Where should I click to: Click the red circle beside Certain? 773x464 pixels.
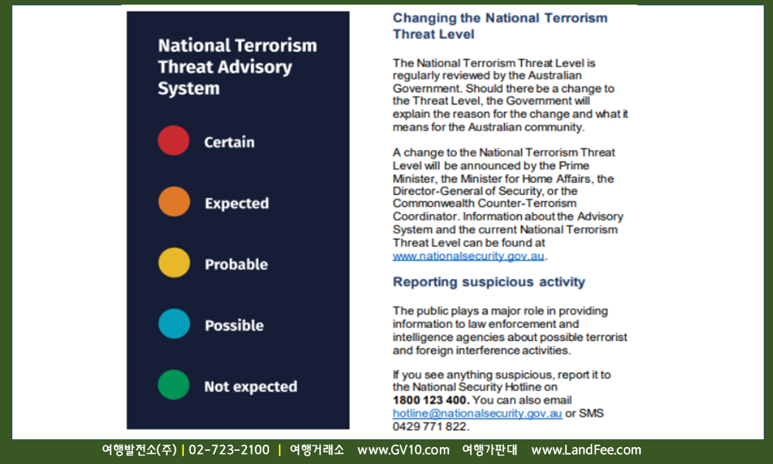(173, 141)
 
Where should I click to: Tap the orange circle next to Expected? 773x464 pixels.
(174, 202)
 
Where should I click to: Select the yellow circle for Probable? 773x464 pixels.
(174, 263)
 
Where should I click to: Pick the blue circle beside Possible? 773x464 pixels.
(174, 324)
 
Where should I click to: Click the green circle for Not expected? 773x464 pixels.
(173, 385)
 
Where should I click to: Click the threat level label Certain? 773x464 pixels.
(230, 142)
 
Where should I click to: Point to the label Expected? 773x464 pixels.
(237, 203)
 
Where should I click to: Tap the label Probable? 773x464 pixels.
(236, 264)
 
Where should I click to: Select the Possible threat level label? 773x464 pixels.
(234, 326)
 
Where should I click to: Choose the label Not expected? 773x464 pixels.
(250, 387)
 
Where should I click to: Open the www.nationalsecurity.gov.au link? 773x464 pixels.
(468, 256)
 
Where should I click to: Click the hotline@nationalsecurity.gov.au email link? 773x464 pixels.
(477, 413)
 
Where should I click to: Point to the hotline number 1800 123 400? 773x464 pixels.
(429, 400)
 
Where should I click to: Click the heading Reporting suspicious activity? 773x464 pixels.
(489, 282)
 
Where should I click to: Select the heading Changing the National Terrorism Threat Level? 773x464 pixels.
(500, 26)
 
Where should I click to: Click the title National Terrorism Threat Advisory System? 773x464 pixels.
(237, 67)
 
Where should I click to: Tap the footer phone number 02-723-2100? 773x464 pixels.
(230, 450)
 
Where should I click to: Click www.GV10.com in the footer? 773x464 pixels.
(404, 450)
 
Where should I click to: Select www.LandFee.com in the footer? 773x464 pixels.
(586, 450)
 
